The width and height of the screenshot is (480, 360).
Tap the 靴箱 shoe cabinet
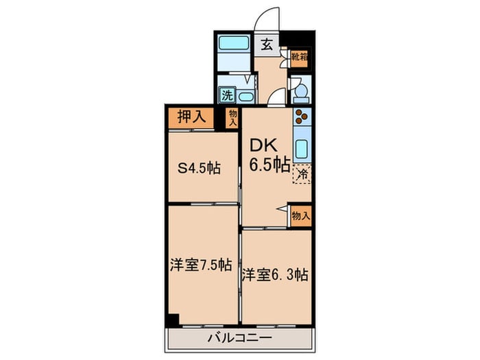point(299,58)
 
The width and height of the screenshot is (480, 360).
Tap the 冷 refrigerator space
point(302,175)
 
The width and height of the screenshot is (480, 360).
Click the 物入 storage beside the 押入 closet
point(233,118)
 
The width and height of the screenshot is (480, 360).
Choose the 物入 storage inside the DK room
point(300,215)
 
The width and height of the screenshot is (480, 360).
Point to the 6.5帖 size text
point(268,165)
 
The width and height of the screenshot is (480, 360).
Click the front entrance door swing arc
point(269,18)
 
